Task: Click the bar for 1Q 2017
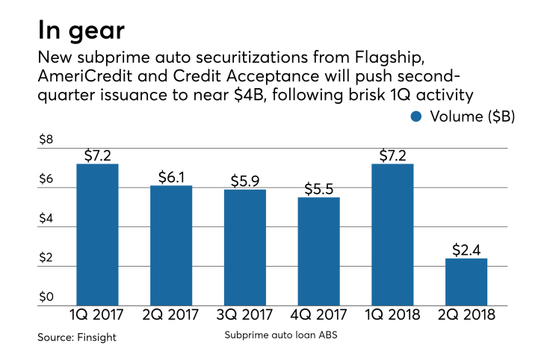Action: pyautogui.click(x=97, y=235)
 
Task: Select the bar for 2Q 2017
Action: pyautogui.click(x=171, y=246)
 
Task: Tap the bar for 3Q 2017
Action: pyautogui.click(x=244, y=248)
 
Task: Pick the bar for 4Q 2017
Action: pyautogui.click(x=318, y=252)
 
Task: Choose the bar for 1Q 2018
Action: pyautogui.click(x=392, y=235)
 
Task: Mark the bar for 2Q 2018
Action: pyautogui.click(x=466, y=282)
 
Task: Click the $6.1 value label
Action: pyautogui.click(x=171, y=177)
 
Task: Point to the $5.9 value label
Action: pyautogui.click(x=244, y=181)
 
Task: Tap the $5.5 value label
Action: pyautogui.click(x=318, y=188)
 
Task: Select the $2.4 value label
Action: pyautogui.click(x=466, y=249)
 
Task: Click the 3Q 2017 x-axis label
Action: pyautogui.click(x=244, y=316)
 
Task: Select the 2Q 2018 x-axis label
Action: pyautogui.click(x=466, y=316)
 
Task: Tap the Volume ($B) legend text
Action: pyautogui.click(x=472, y=117)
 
